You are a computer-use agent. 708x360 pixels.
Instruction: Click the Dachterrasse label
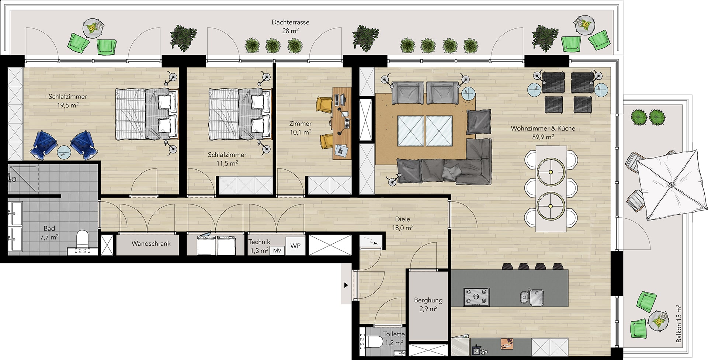291,22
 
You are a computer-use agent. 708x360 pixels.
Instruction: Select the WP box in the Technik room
295,246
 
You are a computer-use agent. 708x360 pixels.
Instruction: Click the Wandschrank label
151,243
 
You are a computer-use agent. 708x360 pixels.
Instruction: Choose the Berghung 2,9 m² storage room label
428,304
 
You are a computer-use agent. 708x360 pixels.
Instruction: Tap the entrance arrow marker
346,285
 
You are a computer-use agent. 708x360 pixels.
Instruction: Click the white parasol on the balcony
668,185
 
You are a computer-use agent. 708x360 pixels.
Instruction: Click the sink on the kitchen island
532,297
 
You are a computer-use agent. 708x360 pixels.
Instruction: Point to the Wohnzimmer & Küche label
543,128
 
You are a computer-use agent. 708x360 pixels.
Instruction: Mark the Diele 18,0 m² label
402,223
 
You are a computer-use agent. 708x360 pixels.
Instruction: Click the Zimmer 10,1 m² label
300,128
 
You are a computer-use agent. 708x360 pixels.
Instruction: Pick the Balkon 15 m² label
679,323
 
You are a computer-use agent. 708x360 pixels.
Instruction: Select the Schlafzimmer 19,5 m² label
68,100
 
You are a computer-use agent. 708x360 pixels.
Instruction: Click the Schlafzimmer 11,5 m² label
227,159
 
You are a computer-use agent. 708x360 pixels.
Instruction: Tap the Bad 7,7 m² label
49,233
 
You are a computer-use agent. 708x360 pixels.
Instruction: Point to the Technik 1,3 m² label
259,246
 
